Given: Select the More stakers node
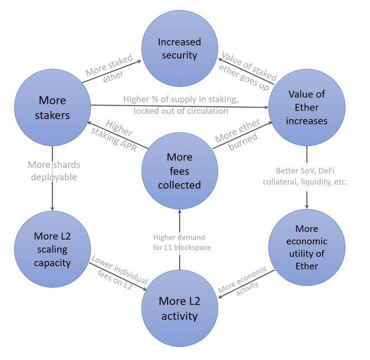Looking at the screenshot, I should [x=52, y=107].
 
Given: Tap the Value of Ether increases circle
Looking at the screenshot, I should [x=307, y=107].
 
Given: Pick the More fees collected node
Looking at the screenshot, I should [x=180, y=171].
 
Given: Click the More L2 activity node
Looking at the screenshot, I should [x=180, y=308].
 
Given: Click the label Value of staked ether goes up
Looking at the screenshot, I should [x=248, y=71].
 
